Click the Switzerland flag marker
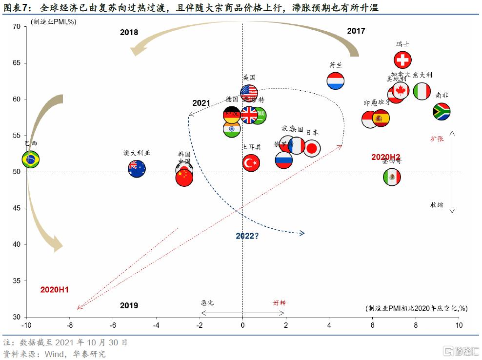pos(402,60)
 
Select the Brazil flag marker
pos(31,159)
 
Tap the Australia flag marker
pos(137,168)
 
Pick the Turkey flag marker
pos(251,163)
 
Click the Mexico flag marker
pos(392,177)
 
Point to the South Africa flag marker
pos(442,112)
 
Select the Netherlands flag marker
pos(336,80)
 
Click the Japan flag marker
pos(312,148)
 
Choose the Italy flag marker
pos(422,91)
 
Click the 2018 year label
pos(129,33)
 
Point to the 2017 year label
pos(356,31)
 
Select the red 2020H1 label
pos(55,290)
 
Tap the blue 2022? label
pos(247,236)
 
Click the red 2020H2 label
pos(389,157)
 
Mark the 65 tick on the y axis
pos(16,63)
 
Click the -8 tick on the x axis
pos(70,325)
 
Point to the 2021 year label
pos(201,103)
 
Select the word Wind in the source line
pos(54,354)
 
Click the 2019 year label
pos(129,306)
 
